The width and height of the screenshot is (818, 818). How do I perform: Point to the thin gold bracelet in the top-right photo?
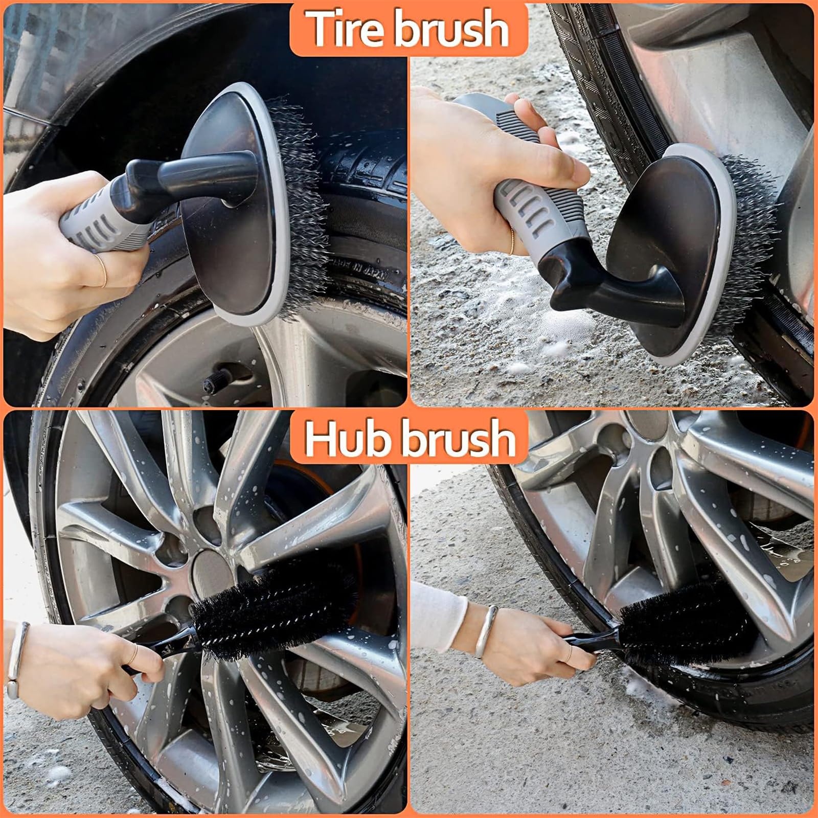pyautogui.click(x=513, y=240)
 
